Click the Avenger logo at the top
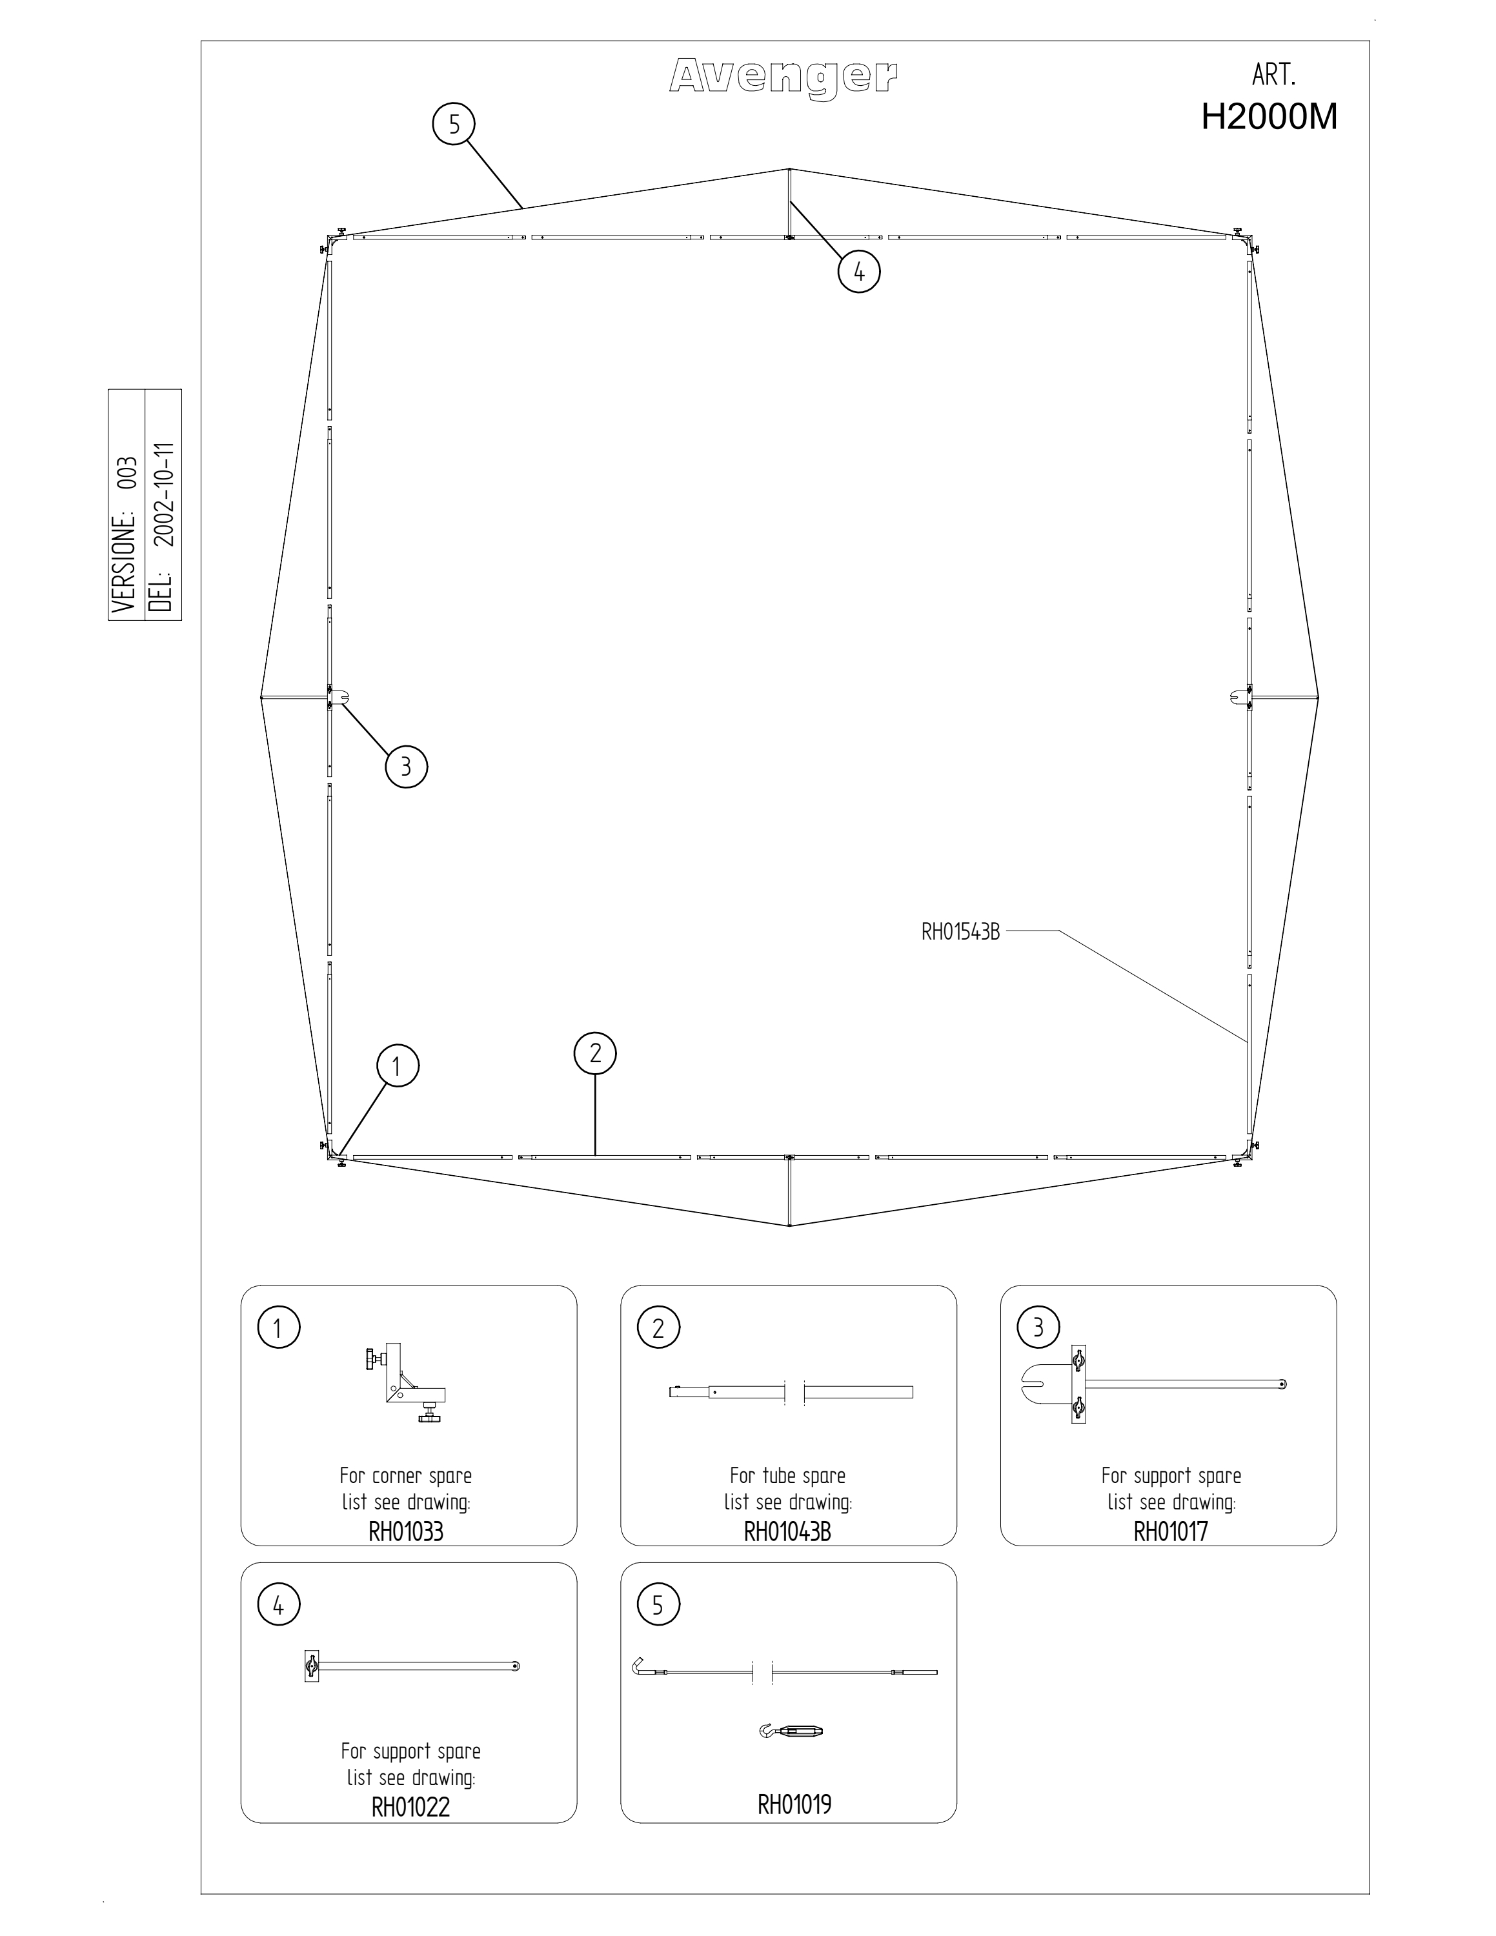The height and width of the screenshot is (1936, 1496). [x=783, y=77]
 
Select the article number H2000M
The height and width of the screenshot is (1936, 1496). [x=1269, y=117]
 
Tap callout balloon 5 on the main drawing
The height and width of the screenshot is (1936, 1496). [x=454, y=125]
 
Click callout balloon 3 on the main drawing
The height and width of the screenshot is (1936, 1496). [x=406, y=767]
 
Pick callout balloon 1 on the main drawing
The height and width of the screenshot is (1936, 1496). [x=396, y=1066]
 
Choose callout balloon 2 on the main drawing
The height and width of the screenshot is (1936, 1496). [x=594, y=1053]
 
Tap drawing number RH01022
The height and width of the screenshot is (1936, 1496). [x=410, y=1806]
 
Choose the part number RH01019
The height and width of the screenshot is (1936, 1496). [x=794, y=1804]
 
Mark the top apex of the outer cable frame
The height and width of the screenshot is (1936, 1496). [x=789, y=168]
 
